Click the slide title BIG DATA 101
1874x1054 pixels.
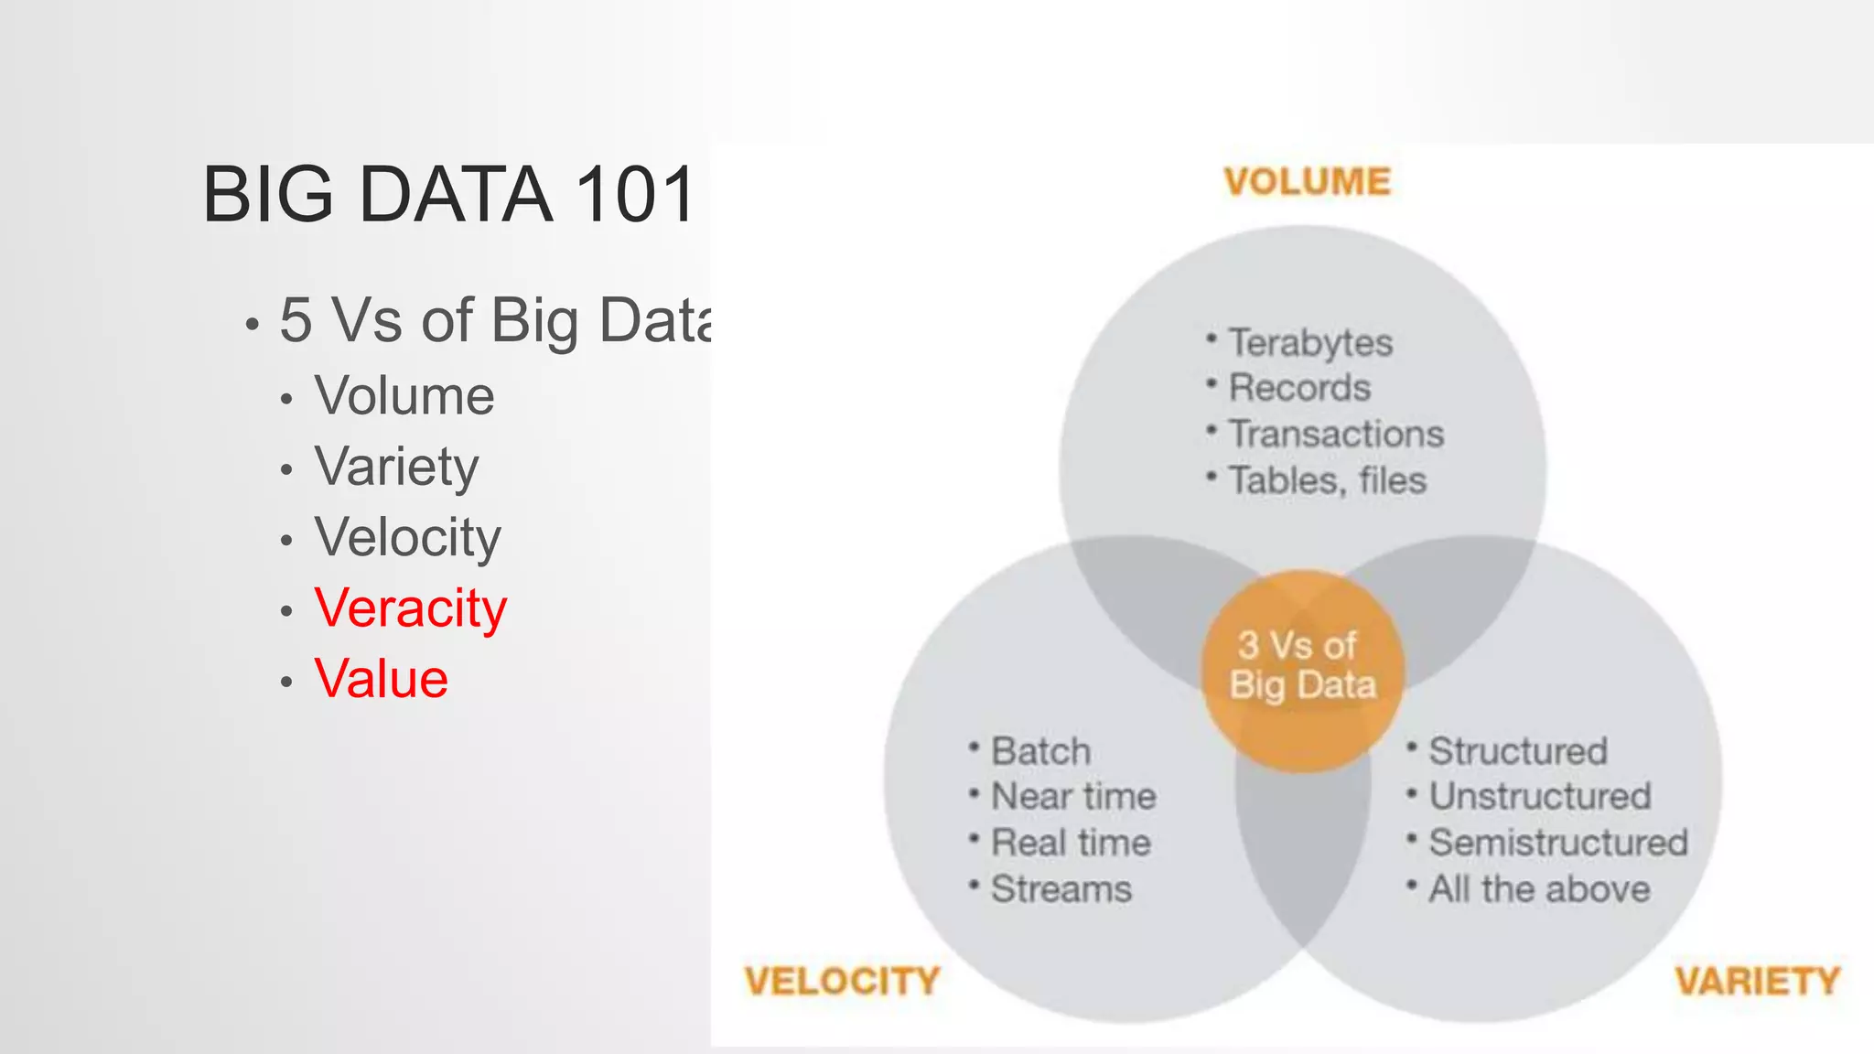(x=447, y=194)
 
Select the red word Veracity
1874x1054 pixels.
(x=410, y=608)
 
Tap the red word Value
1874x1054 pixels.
(x=381, y=679)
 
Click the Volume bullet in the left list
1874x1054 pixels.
(x=404, y=396)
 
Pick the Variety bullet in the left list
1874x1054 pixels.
(x=396, y=467)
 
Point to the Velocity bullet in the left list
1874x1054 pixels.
(x=408, y=537)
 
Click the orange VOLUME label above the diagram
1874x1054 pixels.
(x=1307, y=181)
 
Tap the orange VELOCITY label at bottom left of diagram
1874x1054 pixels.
(x=842, y=981)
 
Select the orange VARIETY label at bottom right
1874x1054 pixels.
(x=1757, y=981)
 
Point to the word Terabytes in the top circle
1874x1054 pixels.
(x=1309, y=343)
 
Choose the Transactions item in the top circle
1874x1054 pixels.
(x=1335, y=434)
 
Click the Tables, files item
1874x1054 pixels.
(x=1327, y=480)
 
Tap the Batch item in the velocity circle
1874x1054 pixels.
(x=1040, y=751)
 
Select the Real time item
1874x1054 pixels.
(x=1071, y=843)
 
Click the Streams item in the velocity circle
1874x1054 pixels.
(x=1061, y=888)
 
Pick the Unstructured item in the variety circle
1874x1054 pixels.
(x=1539, y=796)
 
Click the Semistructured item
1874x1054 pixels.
(x=1557, y=843)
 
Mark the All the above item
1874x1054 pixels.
(x=1539, y=888)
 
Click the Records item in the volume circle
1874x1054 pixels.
(x=1298, y=388)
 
